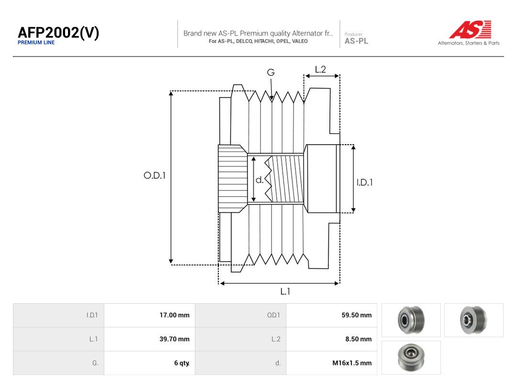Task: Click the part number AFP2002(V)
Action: [x=58, y=33]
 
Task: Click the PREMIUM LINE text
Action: [x=36, y=43]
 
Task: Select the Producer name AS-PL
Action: [x=357, y=41]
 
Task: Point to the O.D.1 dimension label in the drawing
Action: [x=155, y=175]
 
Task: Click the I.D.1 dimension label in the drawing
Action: [x=365, y=183]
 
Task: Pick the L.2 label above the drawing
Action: [x=320, y=69]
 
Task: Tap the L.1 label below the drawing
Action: [x=285, y=291]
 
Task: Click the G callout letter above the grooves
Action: [x=270, y=72]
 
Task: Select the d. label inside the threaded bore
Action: [x=259, y=180]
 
